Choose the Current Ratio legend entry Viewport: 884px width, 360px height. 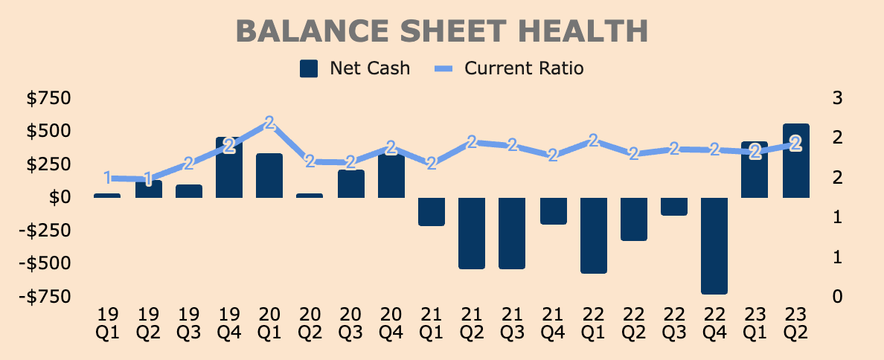508,68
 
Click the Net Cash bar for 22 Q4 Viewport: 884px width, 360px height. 715,245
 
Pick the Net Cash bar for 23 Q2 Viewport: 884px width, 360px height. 795,161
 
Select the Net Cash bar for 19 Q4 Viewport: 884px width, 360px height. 229,167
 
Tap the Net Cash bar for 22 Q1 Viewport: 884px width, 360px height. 594,235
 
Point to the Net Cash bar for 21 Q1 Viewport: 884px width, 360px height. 432,211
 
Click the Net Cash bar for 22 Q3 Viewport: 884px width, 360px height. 674,206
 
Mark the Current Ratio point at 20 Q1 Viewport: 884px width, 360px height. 269,123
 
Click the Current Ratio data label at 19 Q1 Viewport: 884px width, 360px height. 108,178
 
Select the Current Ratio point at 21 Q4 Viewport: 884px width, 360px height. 553,155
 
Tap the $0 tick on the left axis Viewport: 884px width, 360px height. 60,197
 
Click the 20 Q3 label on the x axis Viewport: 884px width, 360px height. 350,322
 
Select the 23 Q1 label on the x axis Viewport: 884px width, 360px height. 755,322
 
